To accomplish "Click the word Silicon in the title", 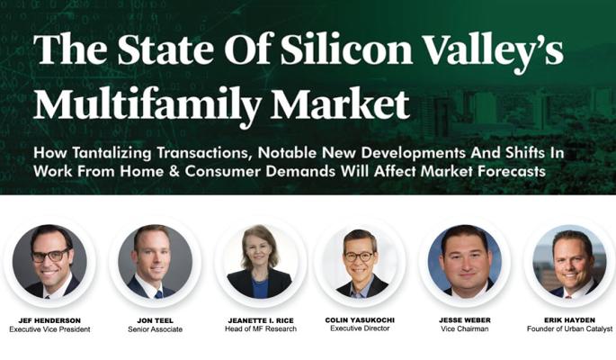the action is point(346,50).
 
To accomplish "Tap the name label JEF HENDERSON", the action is point(49,320).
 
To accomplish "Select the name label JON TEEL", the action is point(156,320).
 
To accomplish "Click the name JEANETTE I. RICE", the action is point(261,320).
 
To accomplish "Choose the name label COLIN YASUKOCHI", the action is point(360,319).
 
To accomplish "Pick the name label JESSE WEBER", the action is point(465,319).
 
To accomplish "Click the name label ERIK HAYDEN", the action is point(569,319).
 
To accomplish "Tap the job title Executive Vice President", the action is point(49,329).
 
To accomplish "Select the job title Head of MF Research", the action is point(261,329).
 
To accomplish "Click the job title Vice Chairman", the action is point(465,329).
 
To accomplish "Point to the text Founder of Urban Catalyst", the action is point(569,328).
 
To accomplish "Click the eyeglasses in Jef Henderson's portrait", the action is point(50,256).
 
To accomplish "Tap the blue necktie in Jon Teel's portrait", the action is point(158,294).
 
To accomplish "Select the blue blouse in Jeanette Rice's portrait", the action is point(259,288).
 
